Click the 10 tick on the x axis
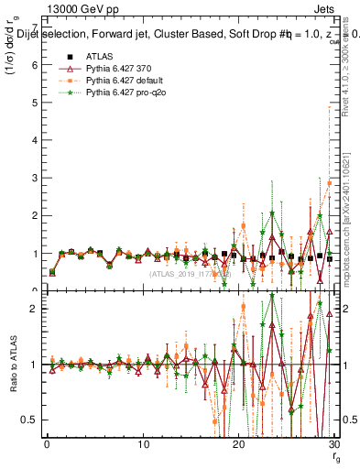[143, 444]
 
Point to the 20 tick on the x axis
[239, 444]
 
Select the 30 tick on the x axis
[335, 444]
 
